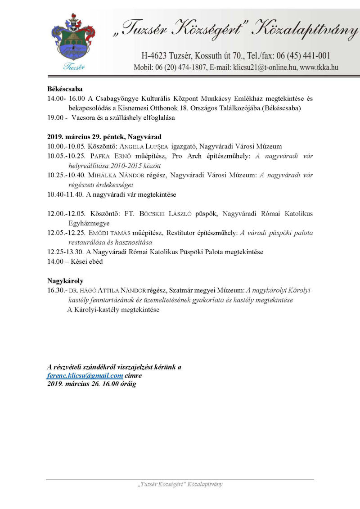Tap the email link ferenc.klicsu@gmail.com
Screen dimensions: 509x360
coord(85,376)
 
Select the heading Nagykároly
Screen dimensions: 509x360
coord(65,281)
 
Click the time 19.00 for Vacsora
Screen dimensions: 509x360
coord(55,118)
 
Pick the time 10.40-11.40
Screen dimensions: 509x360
coord(62,195)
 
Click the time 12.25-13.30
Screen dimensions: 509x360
coord(62,252)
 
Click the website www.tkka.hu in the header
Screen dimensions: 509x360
coord(320,68)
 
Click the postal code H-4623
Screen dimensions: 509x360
coord(155,56)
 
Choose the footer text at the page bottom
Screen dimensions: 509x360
coord(180,485)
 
